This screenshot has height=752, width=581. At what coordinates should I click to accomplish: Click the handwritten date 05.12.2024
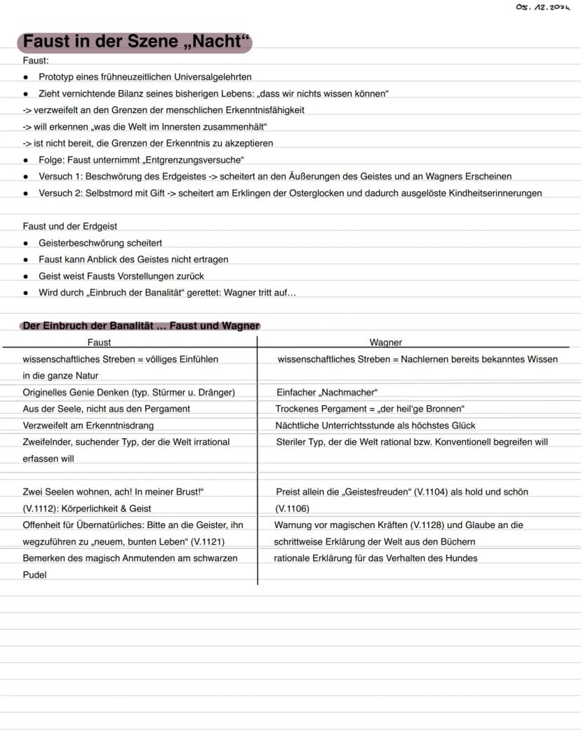pyautogui.click(x=543, y=6)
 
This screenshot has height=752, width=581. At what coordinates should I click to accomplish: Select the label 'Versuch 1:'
pyautogui.click(x=61, y=176)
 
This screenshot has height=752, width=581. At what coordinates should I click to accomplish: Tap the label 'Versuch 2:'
pyautogui.click(x=61, y=193)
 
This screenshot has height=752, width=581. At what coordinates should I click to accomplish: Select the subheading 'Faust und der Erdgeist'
pyautogui.click(x=69, y=226)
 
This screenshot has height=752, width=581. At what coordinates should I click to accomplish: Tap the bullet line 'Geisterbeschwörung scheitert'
pyautogui.click(x=100, y=243)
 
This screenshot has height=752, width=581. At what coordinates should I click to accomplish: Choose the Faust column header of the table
pyautogui.click(x=99, y=343)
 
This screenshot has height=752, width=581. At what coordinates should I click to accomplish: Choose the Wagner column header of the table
pyautogui.click(x=385, y=343)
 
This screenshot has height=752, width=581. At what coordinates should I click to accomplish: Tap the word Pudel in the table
pyautogui.click(x=34, y=574)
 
